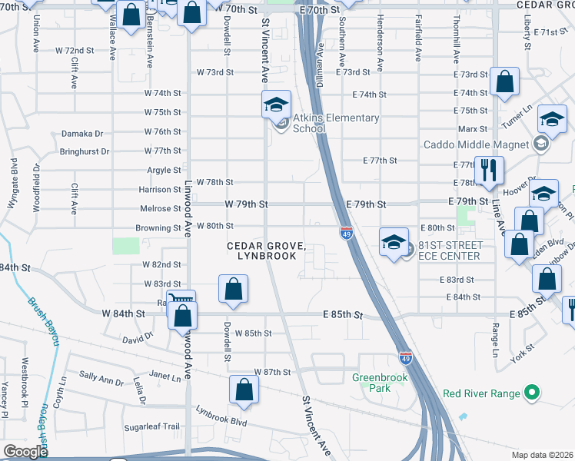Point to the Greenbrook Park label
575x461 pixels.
371,383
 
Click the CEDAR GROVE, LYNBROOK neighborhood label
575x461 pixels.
266,250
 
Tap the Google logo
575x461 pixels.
25,452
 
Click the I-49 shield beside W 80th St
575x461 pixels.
346,233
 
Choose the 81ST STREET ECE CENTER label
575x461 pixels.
450,250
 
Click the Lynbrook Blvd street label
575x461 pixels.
221,422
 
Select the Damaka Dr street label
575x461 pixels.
82,134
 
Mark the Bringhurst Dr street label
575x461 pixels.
85,152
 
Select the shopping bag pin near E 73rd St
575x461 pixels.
504,81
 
